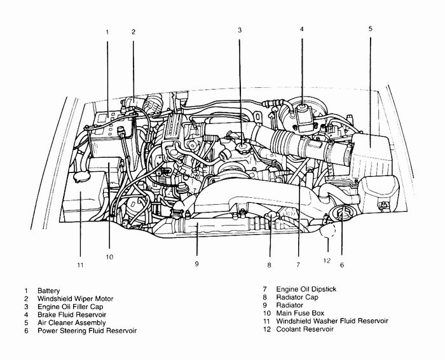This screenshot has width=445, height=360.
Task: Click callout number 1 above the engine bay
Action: [x=107, y=31]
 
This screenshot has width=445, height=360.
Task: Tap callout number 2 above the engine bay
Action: [x=133, y=31]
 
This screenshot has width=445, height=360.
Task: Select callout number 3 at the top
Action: [x=240, y=29]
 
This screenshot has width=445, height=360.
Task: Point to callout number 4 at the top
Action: [x=302, y=29]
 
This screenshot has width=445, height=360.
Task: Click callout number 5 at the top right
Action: [x=370, y=29]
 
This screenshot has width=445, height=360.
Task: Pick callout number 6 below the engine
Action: [x=341, y=265]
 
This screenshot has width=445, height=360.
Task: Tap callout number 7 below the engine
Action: [x=298, y=263]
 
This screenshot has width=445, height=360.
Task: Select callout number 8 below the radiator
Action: [x=270, y=265]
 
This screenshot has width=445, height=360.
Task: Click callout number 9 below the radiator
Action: [x=196, y=263]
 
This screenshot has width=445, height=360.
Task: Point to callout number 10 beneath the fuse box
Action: [x=109, y=257]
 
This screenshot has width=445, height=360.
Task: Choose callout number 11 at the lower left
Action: [x=80, y=265]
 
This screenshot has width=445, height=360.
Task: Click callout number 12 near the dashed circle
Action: [x=326, y=260]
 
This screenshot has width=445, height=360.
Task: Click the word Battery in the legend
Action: [x=48, y=290]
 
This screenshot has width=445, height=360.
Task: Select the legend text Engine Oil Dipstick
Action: [x=306, y=289]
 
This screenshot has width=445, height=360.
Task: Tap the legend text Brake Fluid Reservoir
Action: [x=71, y=314]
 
